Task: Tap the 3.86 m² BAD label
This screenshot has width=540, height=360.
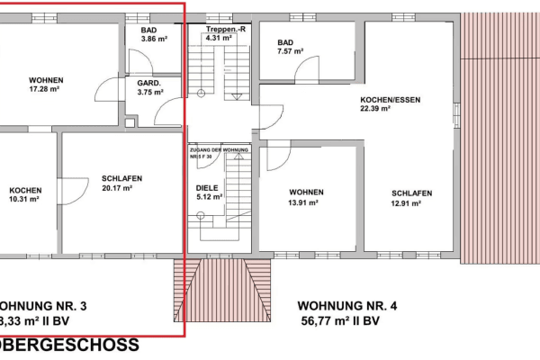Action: tap(148, 35)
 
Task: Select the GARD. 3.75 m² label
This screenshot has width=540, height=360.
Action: tap(148, 86)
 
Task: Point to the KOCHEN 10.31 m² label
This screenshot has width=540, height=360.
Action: tap(24, 194)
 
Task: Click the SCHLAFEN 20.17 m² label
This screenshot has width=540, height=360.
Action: tap(122, 184)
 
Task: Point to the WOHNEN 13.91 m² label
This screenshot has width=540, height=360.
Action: tap(306, 198)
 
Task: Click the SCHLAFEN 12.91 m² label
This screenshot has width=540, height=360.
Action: tap(411, 198)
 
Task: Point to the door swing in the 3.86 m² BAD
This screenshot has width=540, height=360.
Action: tap(139, 61)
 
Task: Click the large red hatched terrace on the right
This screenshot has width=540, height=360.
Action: tap(499, 135)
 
